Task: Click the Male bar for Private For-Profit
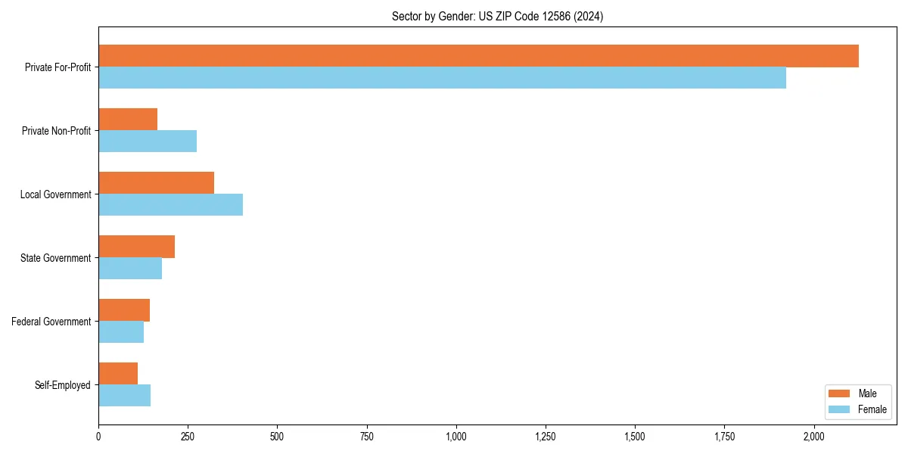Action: point(478,56)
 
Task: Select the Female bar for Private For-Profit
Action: point(442,78)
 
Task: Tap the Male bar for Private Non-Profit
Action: point(128,120)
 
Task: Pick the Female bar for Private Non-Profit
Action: point(148,141)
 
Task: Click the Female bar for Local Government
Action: point(170,205)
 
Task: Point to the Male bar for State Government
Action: point(136,247)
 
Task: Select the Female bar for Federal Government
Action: point(121,332)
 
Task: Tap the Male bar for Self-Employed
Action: point(118,374)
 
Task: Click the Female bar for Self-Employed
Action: point(124,396)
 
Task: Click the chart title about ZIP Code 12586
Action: point(497,16)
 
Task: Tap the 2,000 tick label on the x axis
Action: point(813,437)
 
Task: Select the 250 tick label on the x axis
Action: point(188,437)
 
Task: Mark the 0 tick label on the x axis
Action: point(98,437)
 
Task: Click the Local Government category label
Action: point(55,194)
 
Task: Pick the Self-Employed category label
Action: point(62,385)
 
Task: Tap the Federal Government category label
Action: point(51,322)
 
